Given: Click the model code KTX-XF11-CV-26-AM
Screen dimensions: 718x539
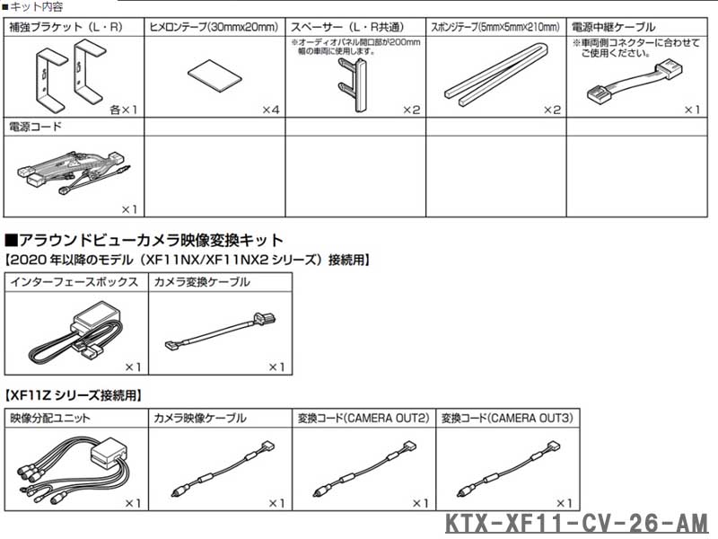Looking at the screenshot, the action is pos(576,524).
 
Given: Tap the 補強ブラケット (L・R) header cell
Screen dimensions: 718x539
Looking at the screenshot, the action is pos(74,28).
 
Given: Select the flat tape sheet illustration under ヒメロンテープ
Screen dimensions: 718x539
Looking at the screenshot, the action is pos(215,75).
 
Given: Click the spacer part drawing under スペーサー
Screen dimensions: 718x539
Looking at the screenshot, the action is pos(352,84).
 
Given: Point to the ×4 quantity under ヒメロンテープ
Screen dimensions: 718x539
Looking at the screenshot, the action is pos(271,110).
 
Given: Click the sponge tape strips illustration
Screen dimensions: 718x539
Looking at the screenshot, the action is pos(497,75).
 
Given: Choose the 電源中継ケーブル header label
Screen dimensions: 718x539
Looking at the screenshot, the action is pos(613,28).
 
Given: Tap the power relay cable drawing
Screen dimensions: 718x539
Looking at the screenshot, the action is pos(635,82).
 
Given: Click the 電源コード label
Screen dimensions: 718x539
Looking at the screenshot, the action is pos(35,127).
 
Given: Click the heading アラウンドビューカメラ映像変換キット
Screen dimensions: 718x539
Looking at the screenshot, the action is pos(144,240).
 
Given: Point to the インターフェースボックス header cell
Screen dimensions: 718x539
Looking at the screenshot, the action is pos(74,281).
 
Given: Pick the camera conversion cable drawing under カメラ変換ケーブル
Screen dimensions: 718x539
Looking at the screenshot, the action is pos(221,331).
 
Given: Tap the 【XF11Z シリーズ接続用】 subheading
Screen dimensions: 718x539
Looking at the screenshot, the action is pos(74,395).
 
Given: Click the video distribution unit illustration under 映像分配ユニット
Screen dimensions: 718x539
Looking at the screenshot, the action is pos(74,469).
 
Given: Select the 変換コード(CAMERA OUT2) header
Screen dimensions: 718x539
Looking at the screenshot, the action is pos(363,418).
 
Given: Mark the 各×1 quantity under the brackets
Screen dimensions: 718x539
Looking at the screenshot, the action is pos(123,110).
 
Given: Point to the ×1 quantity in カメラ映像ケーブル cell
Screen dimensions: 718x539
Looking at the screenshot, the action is pos(276,503).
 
